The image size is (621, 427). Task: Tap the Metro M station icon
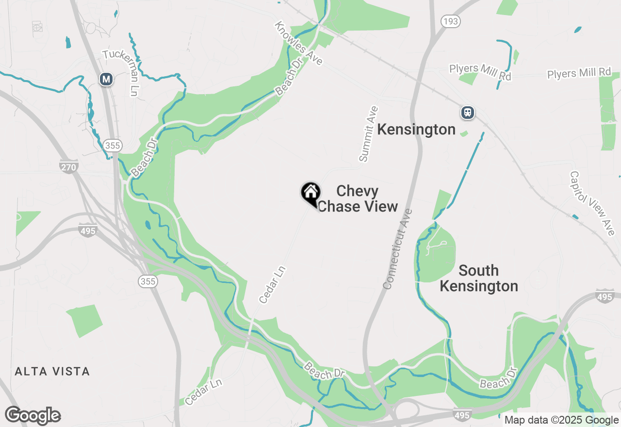(106, 79)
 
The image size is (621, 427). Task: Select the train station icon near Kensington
(467, 113)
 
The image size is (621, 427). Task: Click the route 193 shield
(450, 21)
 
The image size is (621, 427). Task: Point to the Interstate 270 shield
(69, 167)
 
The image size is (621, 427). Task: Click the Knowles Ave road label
(298, 43)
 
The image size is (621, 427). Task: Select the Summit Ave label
(369, 134)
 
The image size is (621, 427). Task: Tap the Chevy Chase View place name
(358, 198)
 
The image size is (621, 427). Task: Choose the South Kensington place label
(479, 278)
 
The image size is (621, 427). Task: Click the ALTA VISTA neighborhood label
(52, 372)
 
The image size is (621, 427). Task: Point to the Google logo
(33, 416)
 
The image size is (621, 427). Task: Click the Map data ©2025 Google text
(561, 420)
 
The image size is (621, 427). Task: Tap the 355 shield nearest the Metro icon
(112, 145)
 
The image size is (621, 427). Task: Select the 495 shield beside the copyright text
(462, 415)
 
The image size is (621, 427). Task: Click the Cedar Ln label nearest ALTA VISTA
(203, 392)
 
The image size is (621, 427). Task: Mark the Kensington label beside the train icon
(416, 130)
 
